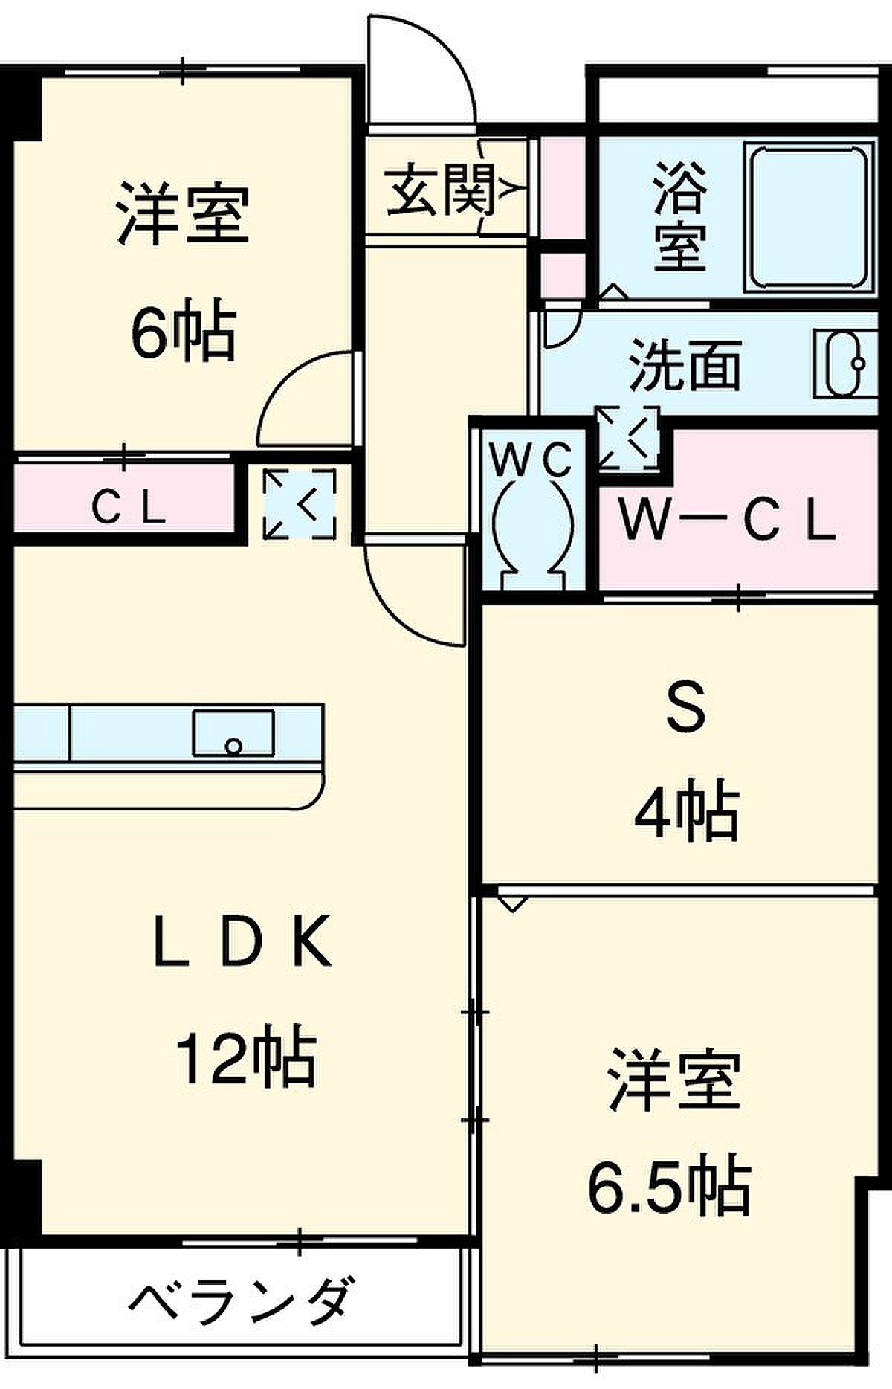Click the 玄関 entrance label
pos(440,190)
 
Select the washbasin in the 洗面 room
pos(846,364)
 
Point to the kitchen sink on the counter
pos(233,734)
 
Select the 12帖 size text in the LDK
pos(245,1057)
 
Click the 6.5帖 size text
pos(669,1185)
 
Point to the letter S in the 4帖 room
pos(685,709)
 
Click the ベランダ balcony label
pos(239,1299)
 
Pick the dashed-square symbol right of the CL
pos(300,504)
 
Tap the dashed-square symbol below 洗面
pos(629,439)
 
